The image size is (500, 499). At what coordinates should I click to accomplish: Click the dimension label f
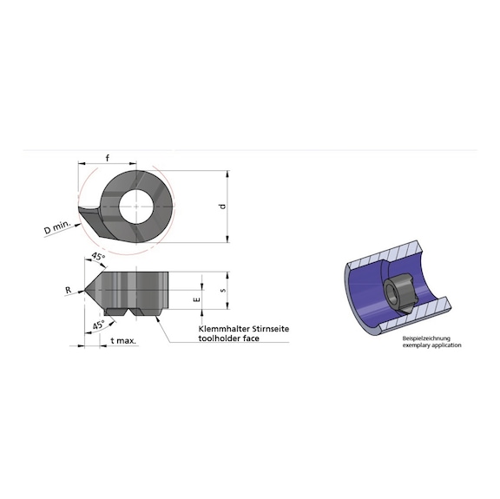(x=107, y=157)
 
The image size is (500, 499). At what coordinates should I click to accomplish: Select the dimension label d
(x=222, y=206)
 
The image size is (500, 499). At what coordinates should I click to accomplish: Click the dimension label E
(x=196, y=298)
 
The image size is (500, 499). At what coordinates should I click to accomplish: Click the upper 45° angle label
(x=98, y=259)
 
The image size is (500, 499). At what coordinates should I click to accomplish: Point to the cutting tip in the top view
(x=82, y=211)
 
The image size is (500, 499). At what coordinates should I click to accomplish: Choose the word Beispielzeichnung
(x=421, y=338)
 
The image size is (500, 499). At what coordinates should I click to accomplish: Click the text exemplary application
(x=431, y=345)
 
